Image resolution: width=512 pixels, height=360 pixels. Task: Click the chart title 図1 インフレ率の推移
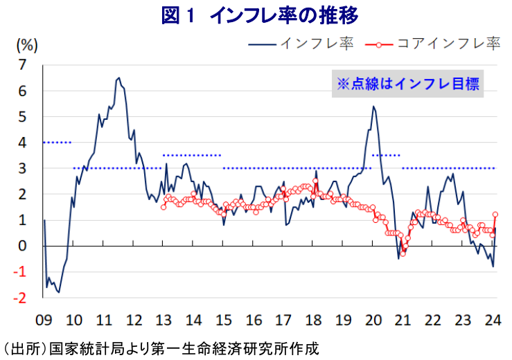256,15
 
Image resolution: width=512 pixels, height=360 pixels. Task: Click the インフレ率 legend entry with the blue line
302,44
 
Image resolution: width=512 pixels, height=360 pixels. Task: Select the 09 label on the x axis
43,320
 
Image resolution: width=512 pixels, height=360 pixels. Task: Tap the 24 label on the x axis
493,320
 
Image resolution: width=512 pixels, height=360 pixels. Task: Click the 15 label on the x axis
223,320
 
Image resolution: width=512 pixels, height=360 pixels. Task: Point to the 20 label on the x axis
373,320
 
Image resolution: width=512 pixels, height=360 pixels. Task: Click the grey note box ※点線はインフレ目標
407,84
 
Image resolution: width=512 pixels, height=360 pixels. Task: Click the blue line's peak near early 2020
373,107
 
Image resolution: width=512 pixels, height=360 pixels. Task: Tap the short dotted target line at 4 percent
57,143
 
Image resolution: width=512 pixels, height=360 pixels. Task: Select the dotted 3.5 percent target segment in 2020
387,155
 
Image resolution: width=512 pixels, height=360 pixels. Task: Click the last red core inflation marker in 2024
495,215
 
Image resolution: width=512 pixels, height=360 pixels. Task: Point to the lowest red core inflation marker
403,253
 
